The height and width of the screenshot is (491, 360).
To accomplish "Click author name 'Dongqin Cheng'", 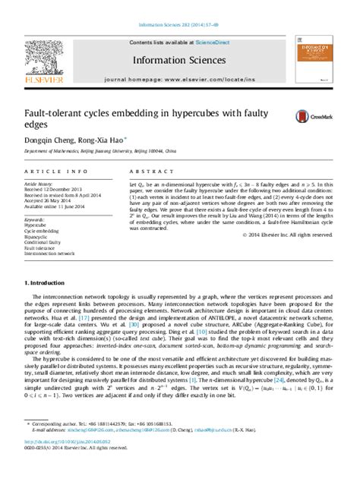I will pyautogui.click(x=51, y=140).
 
